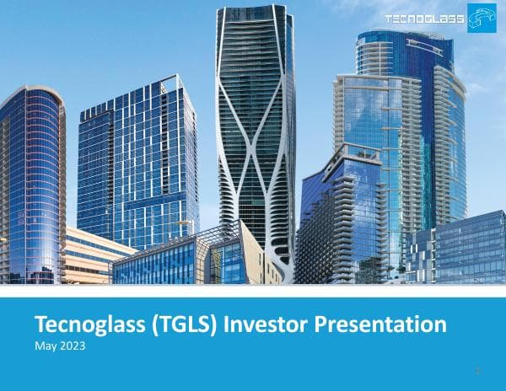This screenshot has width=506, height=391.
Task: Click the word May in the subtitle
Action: [x=44, y=345]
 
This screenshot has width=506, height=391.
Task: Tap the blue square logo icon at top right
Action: [x=482, y=18]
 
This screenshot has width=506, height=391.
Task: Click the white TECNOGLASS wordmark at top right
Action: [x=424, y=18]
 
